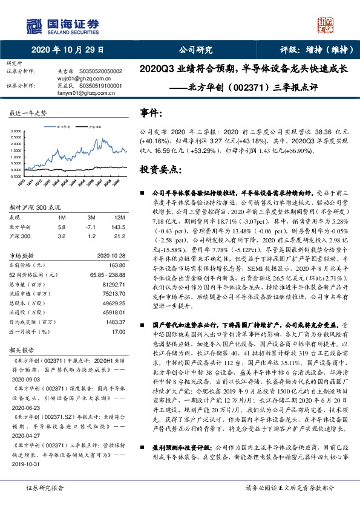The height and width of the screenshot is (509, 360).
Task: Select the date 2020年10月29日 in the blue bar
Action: coord(67,50)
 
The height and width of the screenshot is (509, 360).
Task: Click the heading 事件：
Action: coord(151,113)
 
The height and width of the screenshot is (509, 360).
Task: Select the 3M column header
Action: coord(92,217)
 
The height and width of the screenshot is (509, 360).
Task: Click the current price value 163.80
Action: coord(116,264)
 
